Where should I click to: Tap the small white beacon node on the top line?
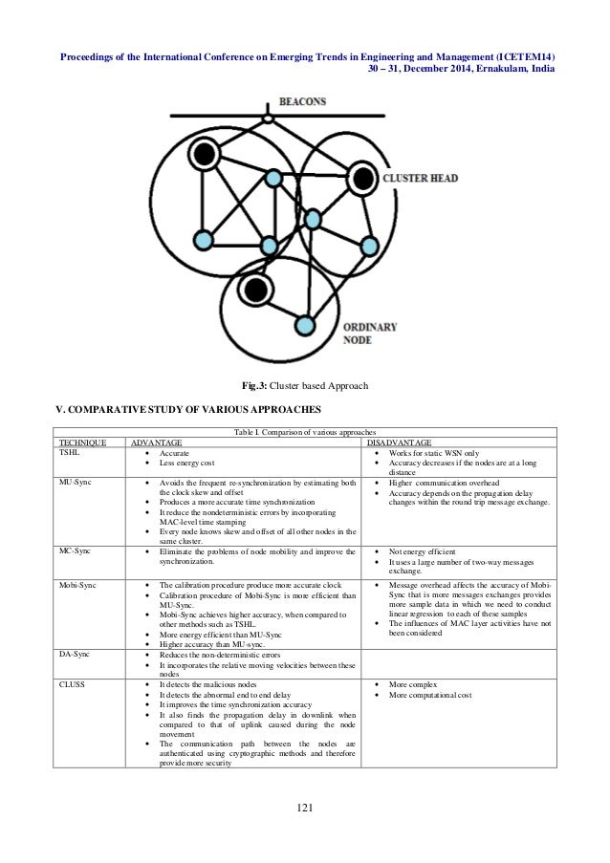270,119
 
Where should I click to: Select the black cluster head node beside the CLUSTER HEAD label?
362,177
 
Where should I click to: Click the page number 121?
305,809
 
